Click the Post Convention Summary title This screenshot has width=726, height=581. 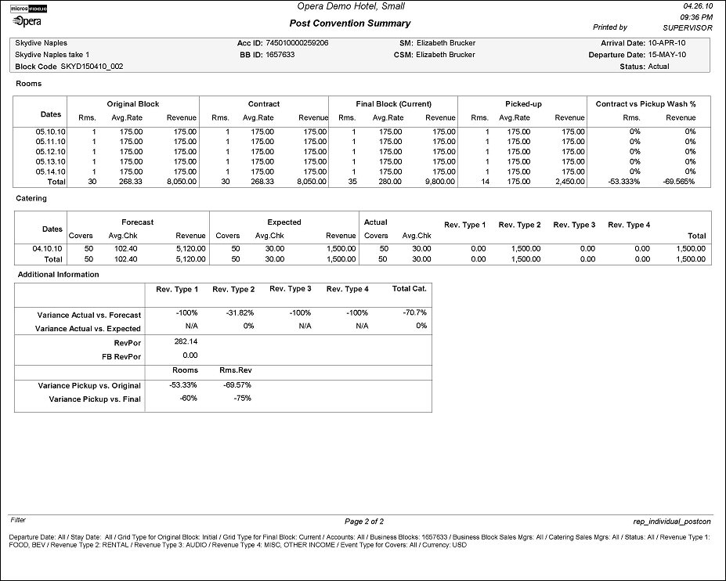(349, 23)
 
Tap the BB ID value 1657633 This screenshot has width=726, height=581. (281, 56)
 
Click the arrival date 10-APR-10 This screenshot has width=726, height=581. (670, 43)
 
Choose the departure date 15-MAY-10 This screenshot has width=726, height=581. (670, 56)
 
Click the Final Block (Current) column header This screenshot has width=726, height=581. (392, 103)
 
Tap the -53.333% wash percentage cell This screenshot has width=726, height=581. (624, 181)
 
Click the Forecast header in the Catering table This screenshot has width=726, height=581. (137, 222)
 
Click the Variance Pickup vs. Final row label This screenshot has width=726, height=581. (95, 399)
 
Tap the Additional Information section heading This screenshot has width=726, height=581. (58, 275)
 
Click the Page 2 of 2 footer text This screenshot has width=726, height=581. (364, 521)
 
